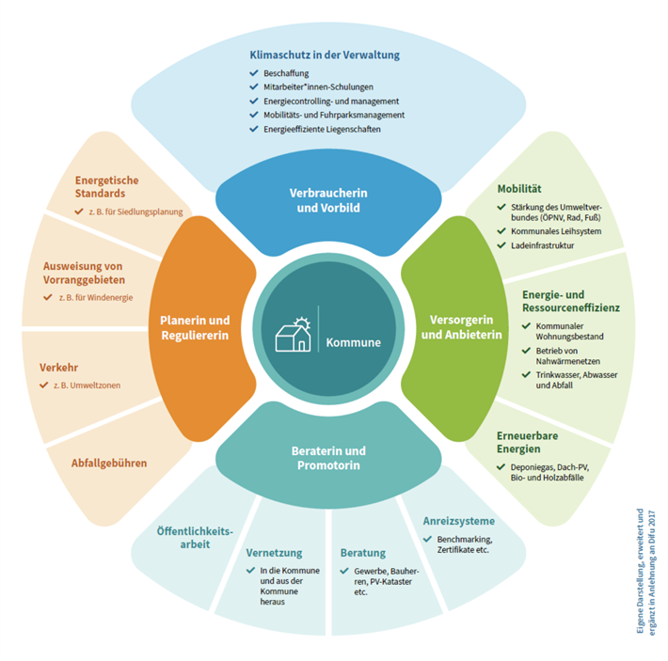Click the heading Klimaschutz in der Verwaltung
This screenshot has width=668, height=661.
click(x=325, y=55)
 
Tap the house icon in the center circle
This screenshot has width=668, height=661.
click(x=293, y=333)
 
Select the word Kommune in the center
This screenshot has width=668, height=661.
click(x=353, y=342)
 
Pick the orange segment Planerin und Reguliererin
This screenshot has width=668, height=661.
click(x=193, y=328)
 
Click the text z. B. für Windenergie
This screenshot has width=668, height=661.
click(x=96, y=297)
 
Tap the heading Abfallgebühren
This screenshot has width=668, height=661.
click(x=109, y=463)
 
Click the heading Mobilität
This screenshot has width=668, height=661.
click(x=518, y=189)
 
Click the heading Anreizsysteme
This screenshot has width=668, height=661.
click(x=457, y=520)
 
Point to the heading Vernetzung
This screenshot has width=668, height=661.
click(x=274, y=553)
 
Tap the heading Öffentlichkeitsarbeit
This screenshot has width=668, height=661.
click(x=197, y=537)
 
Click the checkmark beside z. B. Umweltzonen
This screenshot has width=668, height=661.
click(x=43, y=386)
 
